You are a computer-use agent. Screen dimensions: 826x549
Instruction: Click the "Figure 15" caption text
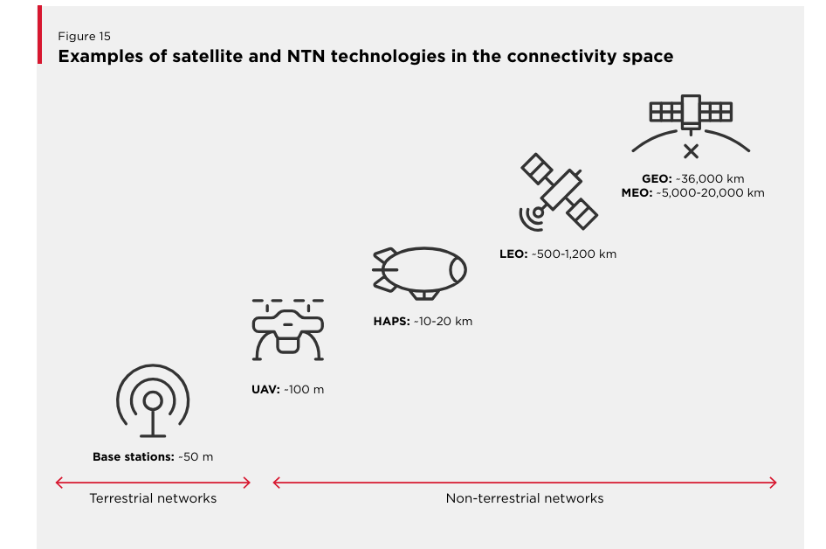tap(85, 37)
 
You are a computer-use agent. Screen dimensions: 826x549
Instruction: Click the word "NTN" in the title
tap(306, 56)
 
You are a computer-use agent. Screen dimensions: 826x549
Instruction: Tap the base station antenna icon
tap(153, 400)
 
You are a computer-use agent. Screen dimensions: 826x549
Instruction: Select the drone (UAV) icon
tap(287, 330)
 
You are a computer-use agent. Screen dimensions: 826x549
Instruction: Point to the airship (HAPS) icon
tap(419, 273)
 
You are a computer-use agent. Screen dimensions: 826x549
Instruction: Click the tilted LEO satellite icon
tap(559, 192)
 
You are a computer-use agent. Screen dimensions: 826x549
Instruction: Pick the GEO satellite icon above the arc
tap(691, 112)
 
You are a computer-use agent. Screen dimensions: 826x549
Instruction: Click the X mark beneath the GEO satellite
tap(692, 151)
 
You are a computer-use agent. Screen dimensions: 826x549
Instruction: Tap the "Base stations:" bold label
tap(134, 456)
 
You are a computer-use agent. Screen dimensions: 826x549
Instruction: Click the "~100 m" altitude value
tap(304, 390)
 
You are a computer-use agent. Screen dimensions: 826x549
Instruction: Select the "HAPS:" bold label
tap(391, 321)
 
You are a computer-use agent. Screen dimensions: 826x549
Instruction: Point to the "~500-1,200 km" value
tap(574, 254)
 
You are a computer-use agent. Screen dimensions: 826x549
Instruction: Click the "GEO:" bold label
tap(657, 179)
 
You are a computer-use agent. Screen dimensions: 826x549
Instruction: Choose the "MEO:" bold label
tap(637, 193)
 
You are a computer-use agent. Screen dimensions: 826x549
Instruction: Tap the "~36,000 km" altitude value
tap(710, 179)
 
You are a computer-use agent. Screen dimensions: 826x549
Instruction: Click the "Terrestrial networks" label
tap(153, 498)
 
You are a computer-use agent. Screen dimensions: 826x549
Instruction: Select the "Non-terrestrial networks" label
tap(525, 498)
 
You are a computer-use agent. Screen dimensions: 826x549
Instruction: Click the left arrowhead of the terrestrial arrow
tap(57, 483)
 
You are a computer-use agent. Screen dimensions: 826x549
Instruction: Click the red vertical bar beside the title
tap(39, 35)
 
